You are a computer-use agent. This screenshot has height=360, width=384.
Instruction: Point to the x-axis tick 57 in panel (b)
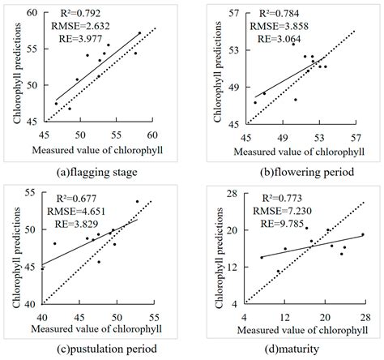pyautogui.click(x=356, y=135)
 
